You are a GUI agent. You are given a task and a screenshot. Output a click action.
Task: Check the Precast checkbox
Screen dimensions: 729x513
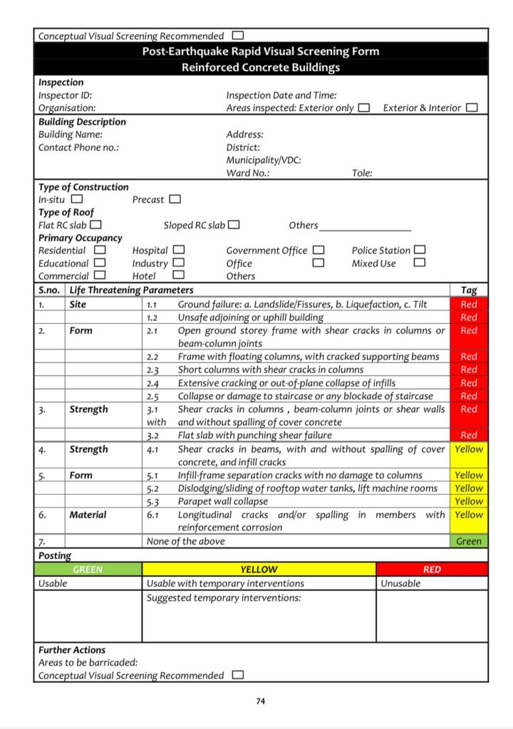click(x=175, y=199)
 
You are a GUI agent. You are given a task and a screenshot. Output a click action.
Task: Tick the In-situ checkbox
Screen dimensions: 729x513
click(x=77, y=199)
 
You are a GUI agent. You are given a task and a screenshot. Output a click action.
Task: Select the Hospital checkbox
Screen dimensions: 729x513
click(x=179, y=250)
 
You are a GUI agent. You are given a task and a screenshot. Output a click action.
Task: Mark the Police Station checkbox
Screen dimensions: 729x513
click(x=420, y=250)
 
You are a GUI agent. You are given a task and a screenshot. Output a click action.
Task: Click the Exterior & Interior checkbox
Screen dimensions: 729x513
click(x=472, y=107)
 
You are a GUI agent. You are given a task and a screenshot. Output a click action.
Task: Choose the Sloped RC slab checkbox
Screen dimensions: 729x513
click(x=234, y=225)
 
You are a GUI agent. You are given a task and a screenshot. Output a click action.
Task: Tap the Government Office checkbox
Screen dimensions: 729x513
click(x=318, y=250)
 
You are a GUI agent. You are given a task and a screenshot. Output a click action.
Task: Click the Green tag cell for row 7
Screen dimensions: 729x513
click(x=469, y=541)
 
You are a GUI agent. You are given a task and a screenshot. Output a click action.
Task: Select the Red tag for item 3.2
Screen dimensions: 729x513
click(x=469, y=435)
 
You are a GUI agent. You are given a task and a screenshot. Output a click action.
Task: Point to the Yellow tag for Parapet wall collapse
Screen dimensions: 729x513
click(x=469, y=501)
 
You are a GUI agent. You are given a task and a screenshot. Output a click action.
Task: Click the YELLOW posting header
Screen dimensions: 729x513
click(x=259, y=570)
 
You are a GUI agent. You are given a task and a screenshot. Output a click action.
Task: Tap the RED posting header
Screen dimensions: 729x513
click(x=432, y=570)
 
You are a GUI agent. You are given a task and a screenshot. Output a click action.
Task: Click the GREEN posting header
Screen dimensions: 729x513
click(x=88, y=570)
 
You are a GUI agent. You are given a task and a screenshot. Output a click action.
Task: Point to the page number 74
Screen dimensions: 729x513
click(x=261, y=701)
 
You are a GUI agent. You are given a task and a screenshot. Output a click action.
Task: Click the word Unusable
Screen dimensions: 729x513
click(x=400, y=583)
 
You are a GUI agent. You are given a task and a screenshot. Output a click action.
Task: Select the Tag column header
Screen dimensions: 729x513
click(x=469, y=290)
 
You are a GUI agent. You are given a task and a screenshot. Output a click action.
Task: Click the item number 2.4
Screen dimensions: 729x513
click(x=152, y=383)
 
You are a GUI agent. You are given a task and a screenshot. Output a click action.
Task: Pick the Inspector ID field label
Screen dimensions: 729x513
click(x=65, y=95)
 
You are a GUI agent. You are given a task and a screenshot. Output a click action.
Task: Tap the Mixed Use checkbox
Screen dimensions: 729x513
click(x=420, y=263)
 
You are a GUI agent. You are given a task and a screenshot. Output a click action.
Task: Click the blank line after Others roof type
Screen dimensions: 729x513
click(x=366, y=227)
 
